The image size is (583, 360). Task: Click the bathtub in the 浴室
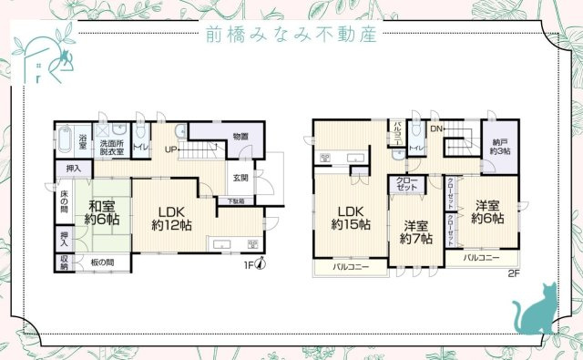point(63,142)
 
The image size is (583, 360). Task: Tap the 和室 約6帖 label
point(102,212)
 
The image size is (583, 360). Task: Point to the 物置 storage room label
point(240,137)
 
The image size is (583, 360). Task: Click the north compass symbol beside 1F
point(260,265)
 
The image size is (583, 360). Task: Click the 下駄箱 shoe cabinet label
point(235,201)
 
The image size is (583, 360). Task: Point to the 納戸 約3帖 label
point(501,147)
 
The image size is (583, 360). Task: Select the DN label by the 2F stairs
point(436,129)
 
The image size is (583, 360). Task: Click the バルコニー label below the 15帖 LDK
point(350,268)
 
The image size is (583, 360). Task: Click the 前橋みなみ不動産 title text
point(291,35)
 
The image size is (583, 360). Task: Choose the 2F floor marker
point(513,272)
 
